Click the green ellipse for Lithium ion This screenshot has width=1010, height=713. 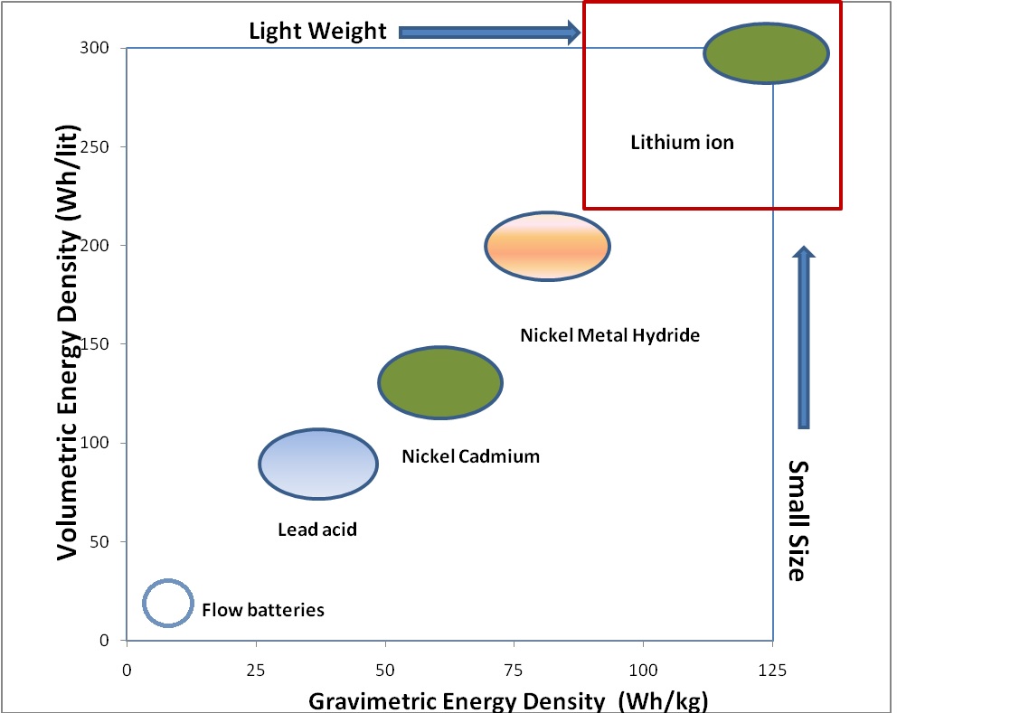(x=766, y=53)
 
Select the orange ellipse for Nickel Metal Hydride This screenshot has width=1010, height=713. (x=547, y=246)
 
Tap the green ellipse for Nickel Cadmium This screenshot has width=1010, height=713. (x=439, y=382)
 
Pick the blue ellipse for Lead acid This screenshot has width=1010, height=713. (x=317, y=464)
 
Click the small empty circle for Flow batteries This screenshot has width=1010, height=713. (x=168, y=603)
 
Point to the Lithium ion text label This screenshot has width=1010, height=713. (x=682, y=143)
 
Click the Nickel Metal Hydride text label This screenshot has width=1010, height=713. (x=609, y=335)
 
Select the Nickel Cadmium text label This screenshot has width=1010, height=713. (x=470, y=456)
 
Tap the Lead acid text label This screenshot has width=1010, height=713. (x=316, y=530)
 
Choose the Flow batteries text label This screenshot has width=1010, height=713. (x=262, y=610)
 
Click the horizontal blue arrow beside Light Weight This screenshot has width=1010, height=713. (x=488, y=33)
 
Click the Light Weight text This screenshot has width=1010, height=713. (x=317, y=32)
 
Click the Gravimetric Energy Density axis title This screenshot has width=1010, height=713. (x=508, y=700)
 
